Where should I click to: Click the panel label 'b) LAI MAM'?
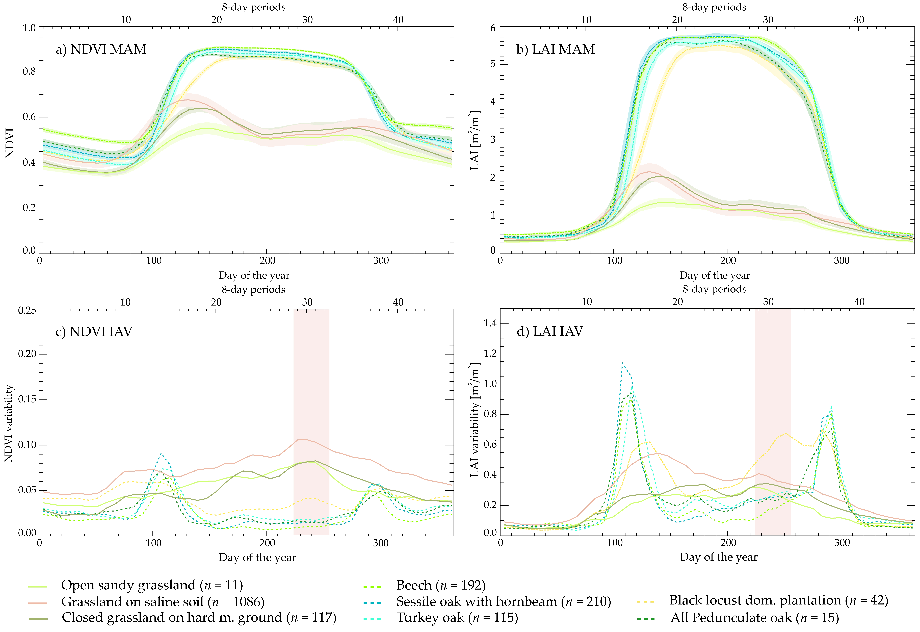click(555, 49)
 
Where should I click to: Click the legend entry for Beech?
click(441, 585)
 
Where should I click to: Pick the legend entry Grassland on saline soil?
click(162, 602)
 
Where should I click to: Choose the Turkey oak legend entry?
click(457, 618)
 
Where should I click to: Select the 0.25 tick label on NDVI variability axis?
click(27, 310)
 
